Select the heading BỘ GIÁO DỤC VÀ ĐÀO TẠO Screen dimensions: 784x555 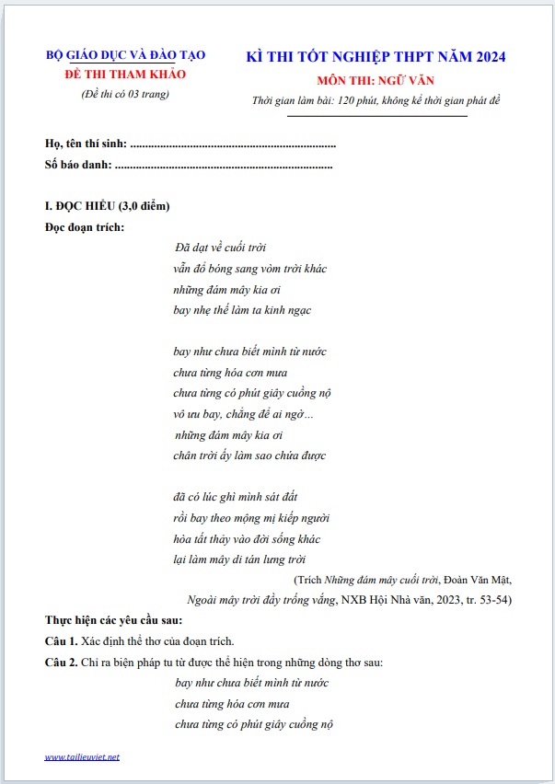click(125, 55)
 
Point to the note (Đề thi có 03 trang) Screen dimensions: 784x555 click(125, 94)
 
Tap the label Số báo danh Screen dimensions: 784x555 click(78, 165)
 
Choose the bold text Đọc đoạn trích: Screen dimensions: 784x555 click(84, 226)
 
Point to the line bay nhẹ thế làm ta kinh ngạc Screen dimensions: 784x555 click(242, 310)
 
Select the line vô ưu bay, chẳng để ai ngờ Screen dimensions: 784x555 click(243, 414)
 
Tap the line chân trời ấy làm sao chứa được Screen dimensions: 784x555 click(249, 455)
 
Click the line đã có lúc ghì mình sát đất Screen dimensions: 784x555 click(236, 497)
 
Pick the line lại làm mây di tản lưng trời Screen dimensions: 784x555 click(239, 559)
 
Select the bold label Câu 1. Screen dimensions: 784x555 click(61, 641)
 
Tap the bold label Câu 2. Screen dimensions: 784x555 click(61, 663)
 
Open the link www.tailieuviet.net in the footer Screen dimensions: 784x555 click(82, 757)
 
